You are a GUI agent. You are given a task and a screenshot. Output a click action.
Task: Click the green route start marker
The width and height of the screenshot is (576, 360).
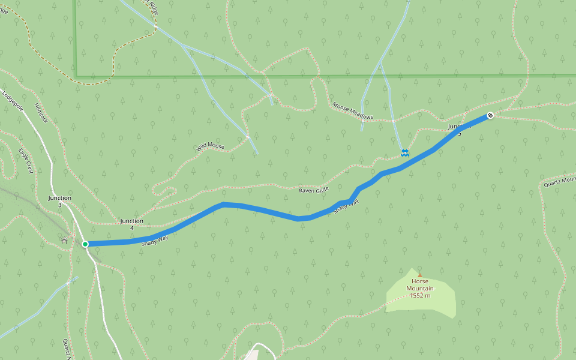85,244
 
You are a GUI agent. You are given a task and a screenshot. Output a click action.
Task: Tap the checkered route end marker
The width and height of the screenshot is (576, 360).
490,115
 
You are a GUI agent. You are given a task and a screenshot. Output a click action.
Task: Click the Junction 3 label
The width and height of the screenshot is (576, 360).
60,201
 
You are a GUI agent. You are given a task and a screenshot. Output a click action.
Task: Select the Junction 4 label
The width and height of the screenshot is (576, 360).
131,224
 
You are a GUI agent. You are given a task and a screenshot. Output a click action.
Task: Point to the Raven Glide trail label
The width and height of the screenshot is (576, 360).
314,190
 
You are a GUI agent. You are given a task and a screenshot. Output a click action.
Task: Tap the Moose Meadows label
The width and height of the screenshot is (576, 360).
353,111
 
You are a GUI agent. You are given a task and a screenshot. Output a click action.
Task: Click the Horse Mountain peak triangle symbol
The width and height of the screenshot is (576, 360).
419,275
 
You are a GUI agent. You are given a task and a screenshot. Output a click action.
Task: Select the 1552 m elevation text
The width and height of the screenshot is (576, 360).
421,295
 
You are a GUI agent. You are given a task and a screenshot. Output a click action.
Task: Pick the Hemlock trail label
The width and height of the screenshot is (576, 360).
40,113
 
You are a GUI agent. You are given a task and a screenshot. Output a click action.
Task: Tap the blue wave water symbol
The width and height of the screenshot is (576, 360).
405,153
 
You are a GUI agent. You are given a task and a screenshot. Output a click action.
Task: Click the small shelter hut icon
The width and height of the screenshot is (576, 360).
64,241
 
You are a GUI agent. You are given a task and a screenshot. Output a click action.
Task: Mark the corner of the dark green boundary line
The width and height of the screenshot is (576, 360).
76,76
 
